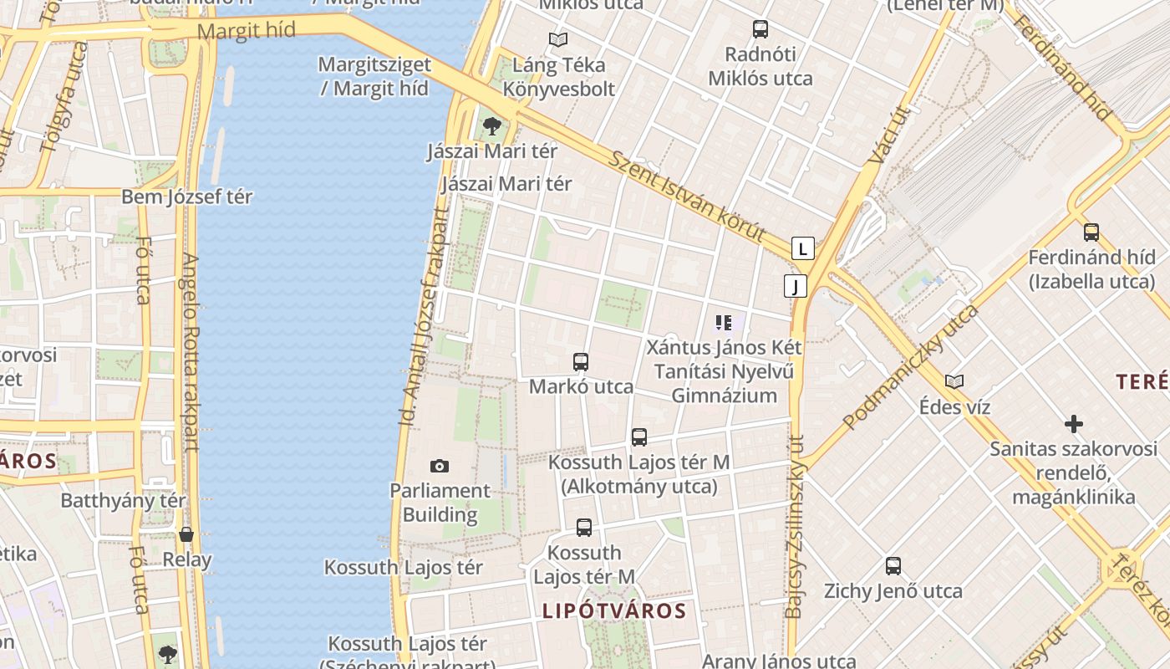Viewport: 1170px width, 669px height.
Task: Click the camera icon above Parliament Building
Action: tap(439, 466)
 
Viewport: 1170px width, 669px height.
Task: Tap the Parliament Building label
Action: tap(440, 503)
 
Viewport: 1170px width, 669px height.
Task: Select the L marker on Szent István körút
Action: tap(802, 248)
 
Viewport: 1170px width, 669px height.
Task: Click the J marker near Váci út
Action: tap(796, 286)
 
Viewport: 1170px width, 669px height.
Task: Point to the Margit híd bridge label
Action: tap(247, 31)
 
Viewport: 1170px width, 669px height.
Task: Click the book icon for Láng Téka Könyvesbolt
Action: tap(557, 39)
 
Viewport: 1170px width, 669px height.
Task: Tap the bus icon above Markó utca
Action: tap(581, 362)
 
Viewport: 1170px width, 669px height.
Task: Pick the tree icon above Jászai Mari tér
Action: tap(492, 126)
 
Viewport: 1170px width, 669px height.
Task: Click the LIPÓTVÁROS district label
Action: tap(614, 610)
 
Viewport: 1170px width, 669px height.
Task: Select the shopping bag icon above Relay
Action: tap(186, 534)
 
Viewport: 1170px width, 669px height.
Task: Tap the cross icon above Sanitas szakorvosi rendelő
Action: tap(1074, 424)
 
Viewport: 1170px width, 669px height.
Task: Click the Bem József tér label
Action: tap(187, 197)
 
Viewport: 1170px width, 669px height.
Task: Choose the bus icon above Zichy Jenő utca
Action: tap(893, 566)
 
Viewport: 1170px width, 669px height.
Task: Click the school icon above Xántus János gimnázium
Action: tap(724, 322)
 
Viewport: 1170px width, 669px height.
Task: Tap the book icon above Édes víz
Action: tap(954, 381)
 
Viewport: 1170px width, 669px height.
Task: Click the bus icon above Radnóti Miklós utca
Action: tap(760, 29)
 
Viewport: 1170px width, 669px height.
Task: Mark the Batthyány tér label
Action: tap(123, 501)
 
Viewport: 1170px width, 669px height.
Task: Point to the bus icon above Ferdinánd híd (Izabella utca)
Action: tap(1091, 232)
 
